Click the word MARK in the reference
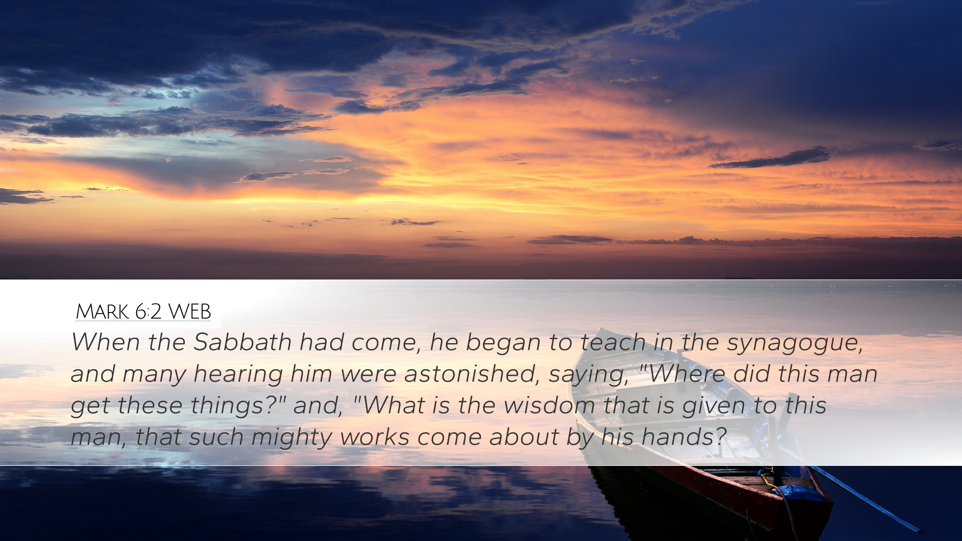[x=102, y=312]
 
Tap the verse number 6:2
[x=148, y=312]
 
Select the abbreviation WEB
[x=189, y=312]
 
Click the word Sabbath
[x=243, y=342]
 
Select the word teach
[x=613, y=342]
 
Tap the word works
[x=374, y=437]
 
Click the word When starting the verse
[x=106, y=342]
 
